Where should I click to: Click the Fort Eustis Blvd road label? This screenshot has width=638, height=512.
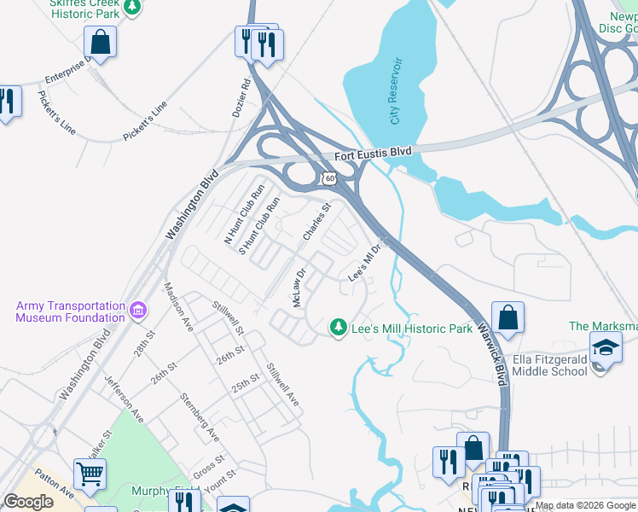point(373,152)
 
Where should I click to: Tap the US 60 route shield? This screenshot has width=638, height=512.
point(329,177)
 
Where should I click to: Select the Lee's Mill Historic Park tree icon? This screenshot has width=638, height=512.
point(339,327)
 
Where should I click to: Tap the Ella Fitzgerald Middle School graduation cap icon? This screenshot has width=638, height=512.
point(606,348)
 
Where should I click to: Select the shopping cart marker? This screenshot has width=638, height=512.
point(90,471)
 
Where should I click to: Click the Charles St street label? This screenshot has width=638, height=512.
point(316,221)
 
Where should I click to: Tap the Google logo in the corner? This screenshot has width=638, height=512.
point(29,502)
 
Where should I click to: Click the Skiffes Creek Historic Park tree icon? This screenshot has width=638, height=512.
point(132,7)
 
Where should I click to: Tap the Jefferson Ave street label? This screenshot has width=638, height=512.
point(123,399)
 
